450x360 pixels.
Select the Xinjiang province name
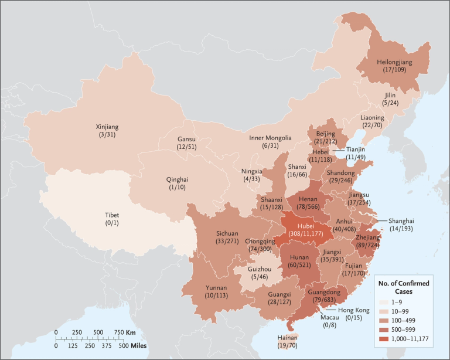(107, 126)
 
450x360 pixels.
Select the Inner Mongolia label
(270, 138)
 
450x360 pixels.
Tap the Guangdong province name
(326, 293)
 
